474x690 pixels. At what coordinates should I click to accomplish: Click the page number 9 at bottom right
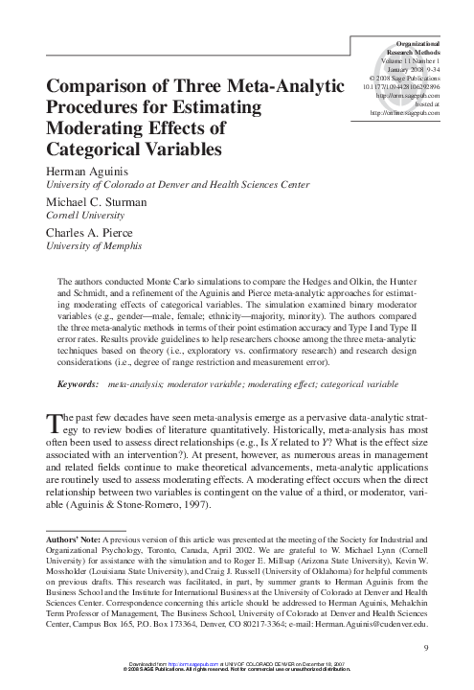(425, 651)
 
